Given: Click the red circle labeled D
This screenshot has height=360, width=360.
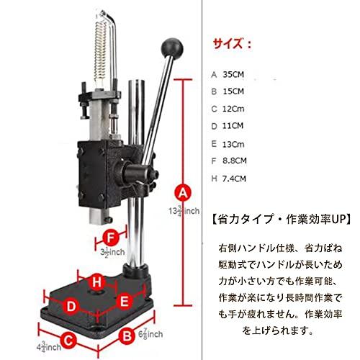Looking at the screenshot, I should (71, 307).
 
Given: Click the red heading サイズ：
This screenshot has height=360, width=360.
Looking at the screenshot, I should (231, 44).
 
